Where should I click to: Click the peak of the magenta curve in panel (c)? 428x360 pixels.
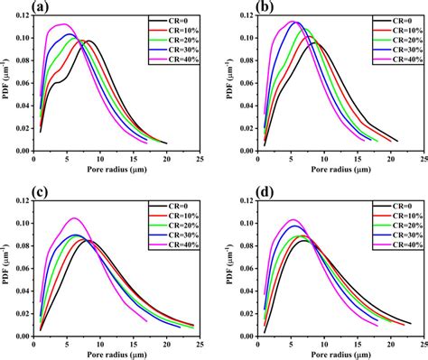tap(76, 218)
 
